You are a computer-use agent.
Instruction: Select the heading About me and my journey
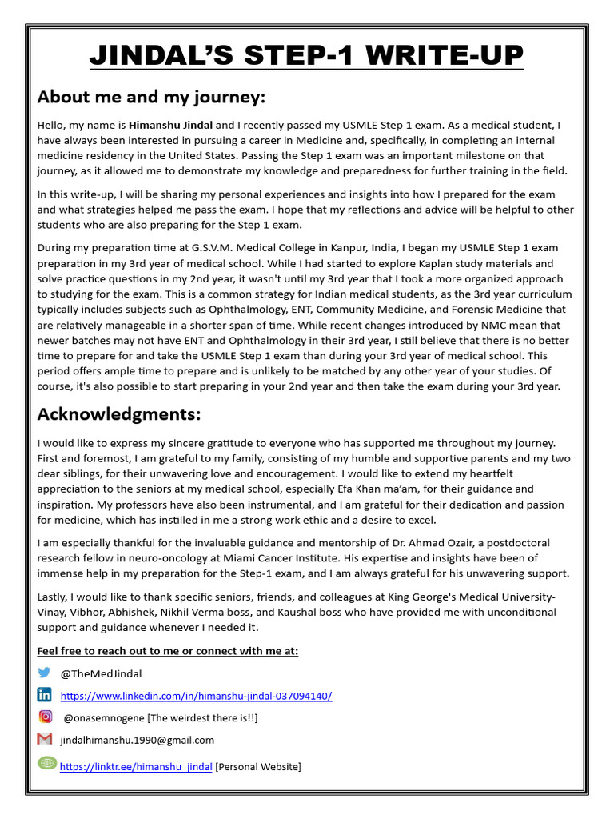click(151, 98)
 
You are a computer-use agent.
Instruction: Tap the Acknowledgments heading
click(119, 414)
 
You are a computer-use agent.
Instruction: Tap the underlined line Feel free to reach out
click(168, 651)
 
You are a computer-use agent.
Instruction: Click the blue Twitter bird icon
click(44, 673)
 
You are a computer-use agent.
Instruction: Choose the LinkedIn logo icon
click(44, 694)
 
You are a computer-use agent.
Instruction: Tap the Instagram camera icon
click(46, 717)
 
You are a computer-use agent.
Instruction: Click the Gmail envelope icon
click(45, 739)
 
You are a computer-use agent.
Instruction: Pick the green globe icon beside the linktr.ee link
click(47, 763)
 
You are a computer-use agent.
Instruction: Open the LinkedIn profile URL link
click(196, 696)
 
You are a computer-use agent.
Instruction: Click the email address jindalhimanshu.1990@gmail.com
click(138, 741)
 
